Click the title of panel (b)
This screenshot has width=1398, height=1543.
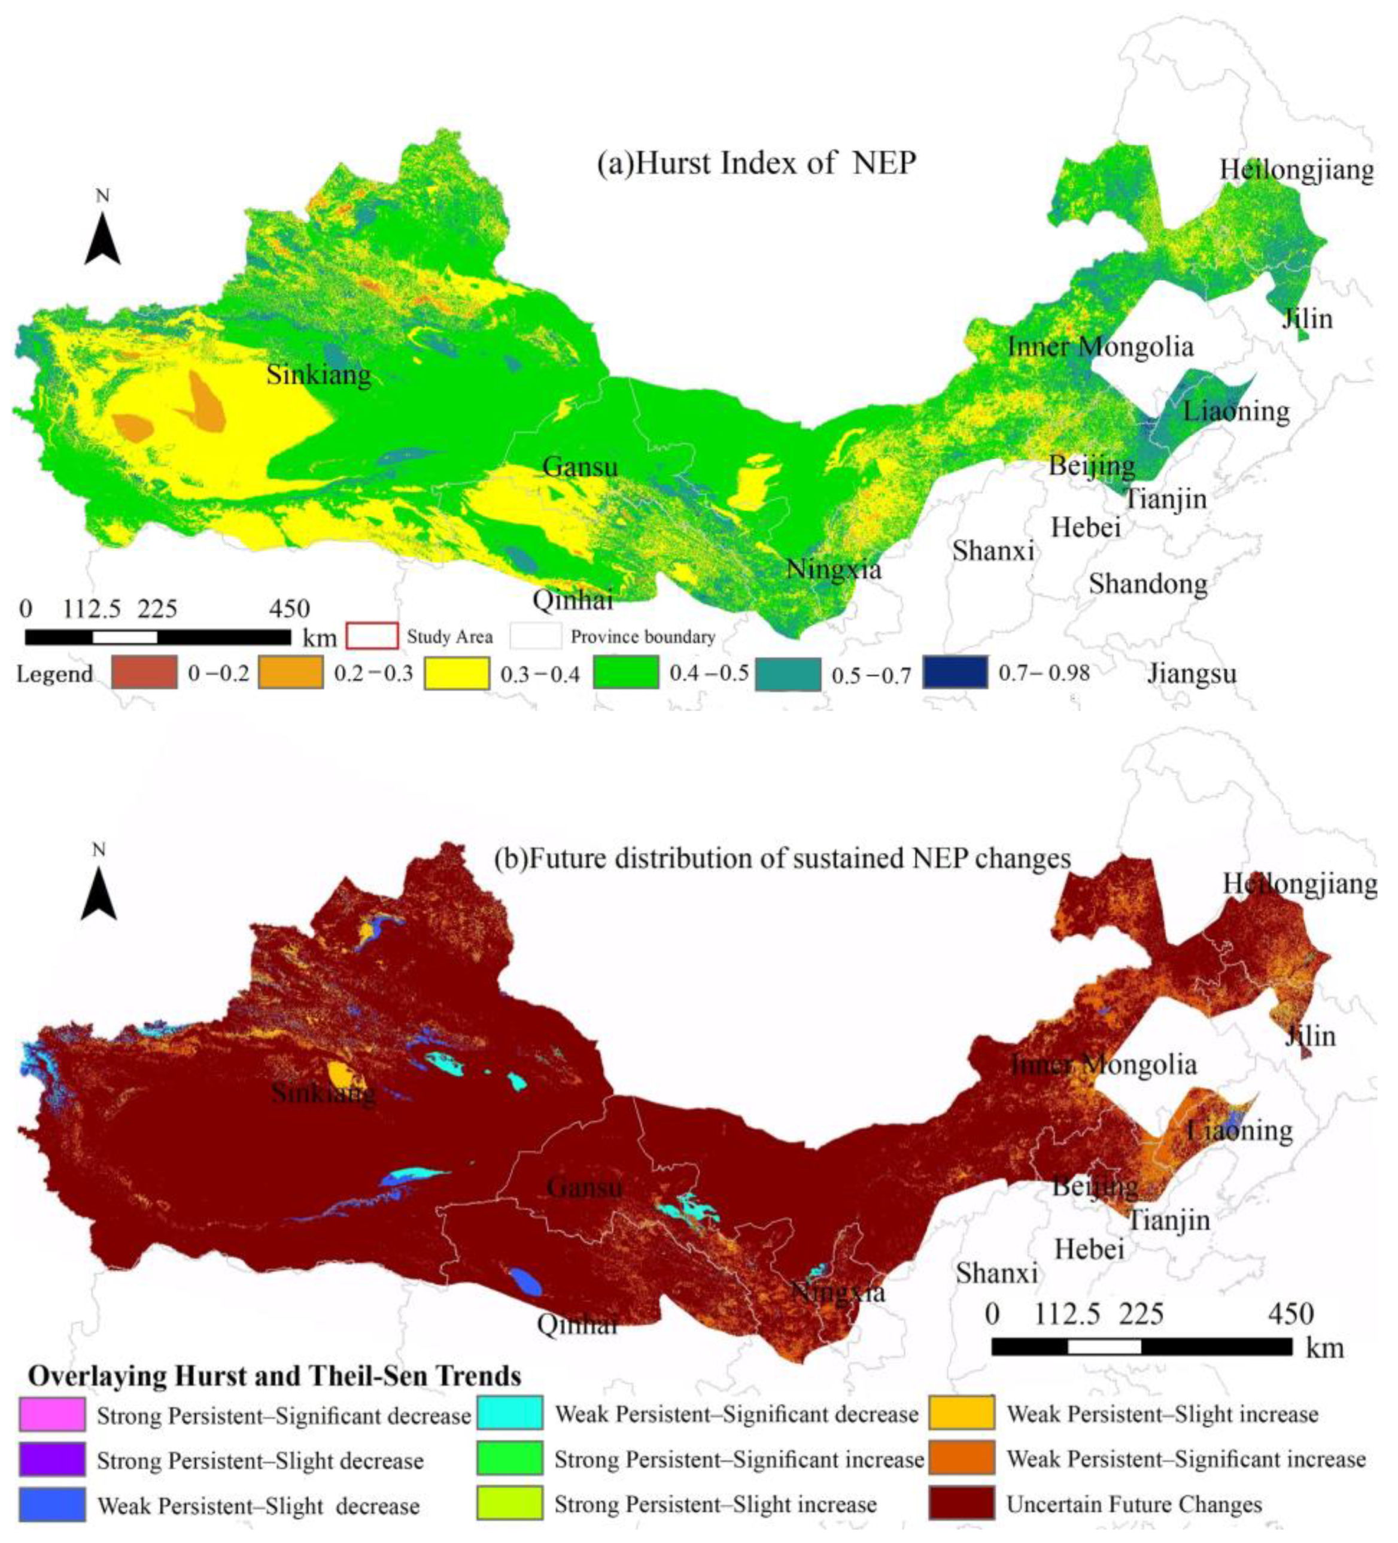[x=781, y=858]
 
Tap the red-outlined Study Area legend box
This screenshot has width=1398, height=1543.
[x=372, y=636]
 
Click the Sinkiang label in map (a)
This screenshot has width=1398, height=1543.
[x=318, y=374]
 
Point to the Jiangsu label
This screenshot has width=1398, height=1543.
[x=1192, y=674]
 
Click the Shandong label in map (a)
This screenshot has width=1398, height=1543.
[x=1148, y=583]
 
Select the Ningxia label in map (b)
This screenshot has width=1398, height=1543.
[x=837, y=1293]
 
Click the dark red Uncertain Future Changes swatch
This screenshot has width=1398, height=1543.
[x=961, y=1503]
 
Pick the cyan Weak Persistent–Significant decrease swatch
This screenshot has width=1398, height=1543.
[x=510, y=1414]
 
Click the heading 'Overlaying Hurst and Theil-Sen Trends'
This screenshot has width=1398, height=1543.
[x=275, y=1376]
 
